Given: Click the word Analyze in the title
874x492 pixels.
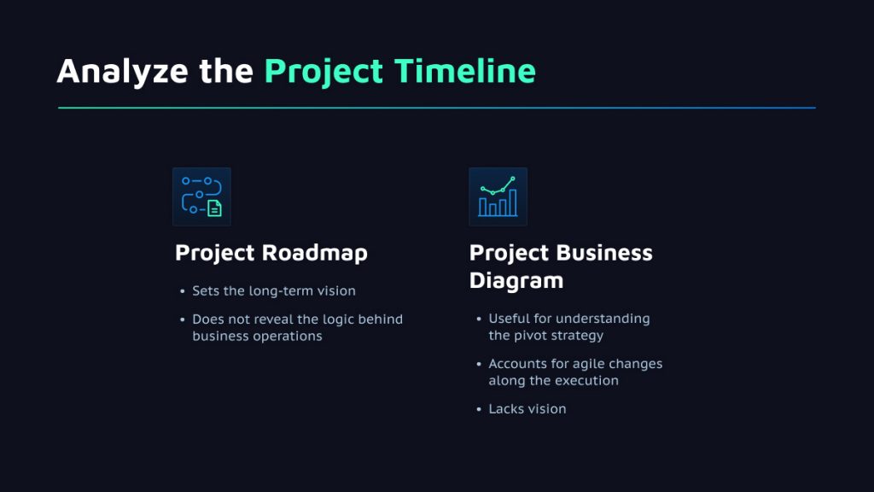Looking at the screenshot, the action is (123, 73).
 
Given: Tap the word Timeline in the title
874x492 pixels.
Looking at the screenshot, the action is (465, 71).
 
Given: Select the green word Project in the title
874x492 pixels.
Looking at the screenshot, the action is (323, 73).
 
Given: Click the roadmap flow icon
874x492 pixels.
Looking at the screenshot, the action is (201, 197).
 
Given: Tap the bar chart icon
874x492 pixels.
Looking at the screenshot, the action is (498, 197).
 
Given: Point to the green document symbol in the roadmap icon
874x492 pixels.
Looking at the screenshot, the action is (214, 208).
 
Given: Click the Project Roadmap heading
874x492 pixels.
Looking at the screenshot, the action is (271, 253).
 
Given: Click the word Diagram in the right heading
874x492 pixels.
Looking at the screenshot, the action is (516, 280).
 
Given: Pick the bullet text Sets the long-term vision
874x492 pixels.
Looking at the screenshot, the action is (274, 291).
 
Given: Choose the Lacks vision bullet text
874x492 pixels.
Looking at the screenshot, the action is (527, 409).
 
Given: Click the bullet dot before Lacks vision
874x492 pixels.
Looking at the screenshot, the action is (479, 409).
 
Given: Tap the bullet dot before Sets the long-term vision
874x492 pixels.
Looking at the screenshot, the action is (183, 291).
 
